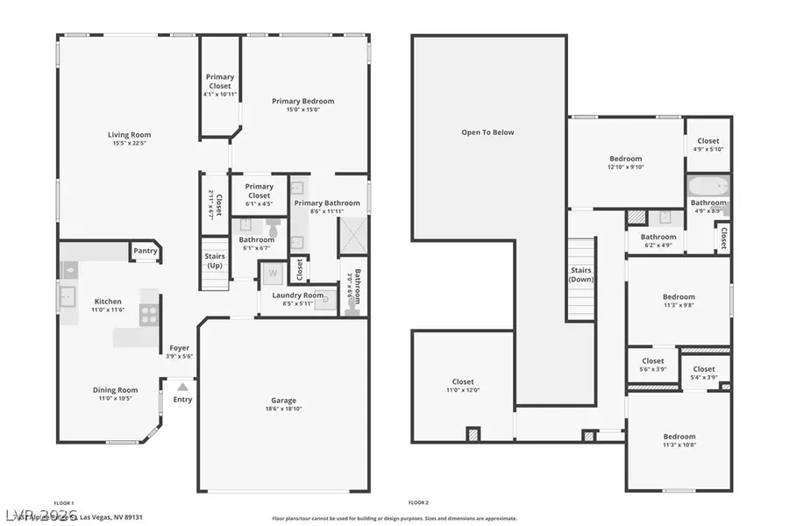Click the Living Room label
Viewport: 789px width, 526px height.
130,135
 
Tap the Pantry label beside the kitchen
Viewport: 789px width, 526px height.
146,252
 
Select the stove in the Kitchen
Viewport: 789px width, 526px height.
149,314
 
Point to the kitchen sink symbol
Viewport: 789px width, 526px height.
68,298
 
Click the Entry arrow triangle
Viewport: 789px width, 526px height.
182,386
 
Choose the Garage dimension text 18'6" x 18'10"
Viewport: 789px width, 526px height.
283,409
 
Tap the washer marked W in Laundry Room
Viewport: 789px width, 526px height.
272,274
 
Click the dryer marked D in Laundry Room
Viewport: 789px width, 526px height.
325,302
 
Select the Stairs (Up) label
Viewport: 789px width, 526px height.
215,260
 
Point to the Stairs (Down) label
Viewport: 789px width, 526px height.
581,275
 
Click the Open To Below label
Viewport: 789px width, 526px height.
488,132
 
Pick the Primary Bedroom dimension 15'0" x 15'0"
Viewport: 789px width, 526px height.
302,110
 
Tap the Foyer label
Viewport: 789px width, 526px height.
179,348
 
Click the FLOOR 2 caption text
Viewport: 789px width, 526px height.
418,502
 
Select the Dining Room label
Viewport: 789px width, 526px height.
116,390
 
